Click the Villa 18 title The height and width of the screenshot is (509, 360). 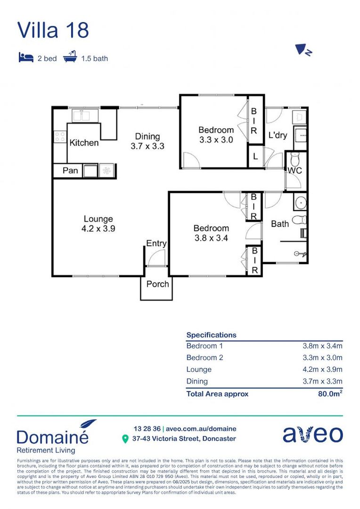53,30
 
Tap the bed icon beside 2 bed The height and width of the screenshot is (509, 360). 25,58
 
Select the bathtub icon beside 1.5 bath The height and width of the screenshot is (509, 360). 70,58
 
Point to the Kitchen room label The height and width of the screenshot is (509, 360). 84,143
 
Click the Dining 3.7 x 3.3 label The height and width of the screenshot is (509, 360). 147,141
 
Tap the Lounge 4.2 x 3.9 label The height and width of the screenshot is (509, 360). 98,223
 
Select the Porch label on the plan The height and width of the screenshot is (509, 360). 157,284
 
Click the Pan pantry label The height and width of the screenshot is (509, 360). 70,170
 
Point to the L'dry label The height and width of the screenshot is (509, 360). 278,135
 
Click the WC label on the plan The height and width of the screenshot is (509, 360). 295,170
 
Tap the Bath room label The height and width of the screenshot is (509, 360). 279,224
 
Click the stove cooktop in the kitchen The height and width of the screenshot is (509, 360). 60,137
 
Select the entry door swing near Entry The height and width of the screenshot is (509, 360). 156,258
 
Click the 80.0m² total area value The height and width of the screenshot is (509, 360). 330,394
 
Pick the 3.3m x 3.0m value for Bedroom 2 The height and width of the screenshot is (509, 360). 322,358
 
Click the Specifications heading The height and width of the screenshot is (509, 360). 211,335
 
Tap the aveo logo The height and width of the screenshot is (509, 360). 312,434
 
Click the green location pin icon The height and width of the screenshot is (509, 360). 125,439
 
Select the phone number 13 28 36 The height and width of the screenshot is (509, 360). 147,429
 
